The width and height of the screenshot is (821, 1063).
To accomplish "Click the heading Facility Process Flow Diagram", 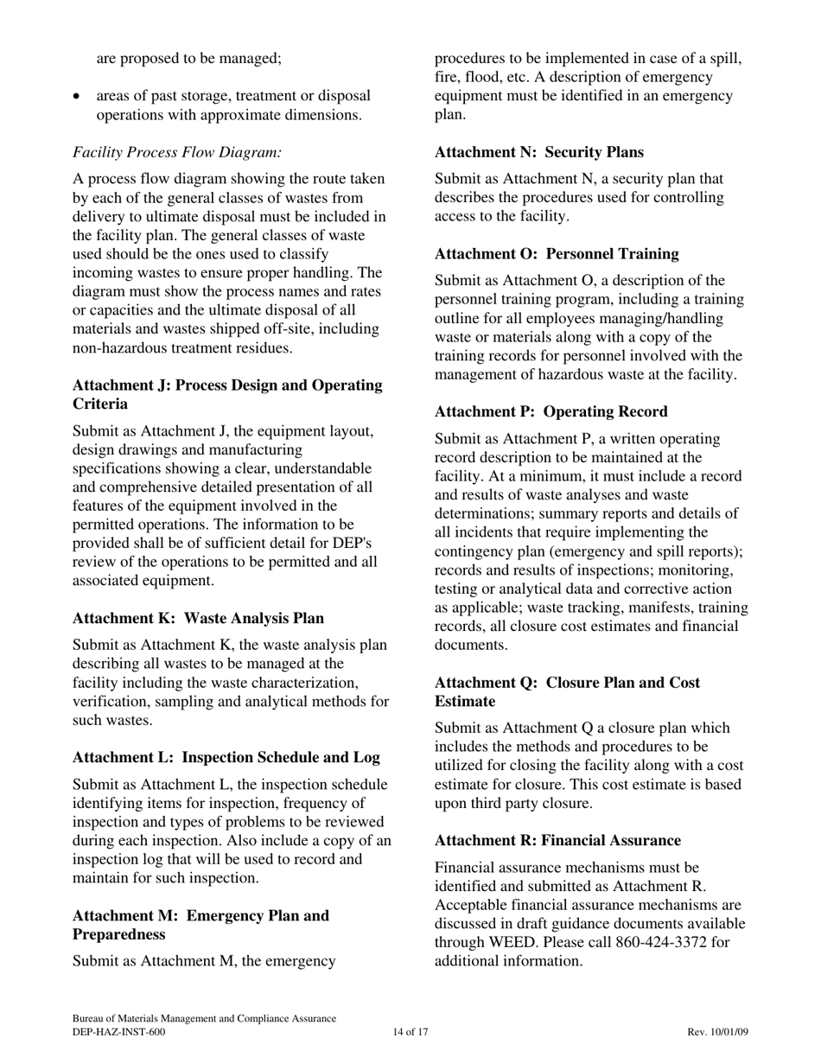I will click(x=177, y=152).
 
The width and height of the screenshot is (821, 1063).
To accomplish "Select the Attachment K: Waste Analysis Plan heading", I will click(x=198, y=618).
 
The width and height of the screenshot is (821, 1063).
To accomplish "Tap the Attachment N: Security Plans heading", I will click(x=538, y=152).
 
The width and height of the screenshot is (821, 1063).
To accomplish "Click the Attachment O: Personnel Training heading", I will click(x=557, y=253).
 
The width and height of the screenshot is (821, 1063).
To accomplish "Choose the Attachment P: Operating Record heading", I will click(x=551, y=411).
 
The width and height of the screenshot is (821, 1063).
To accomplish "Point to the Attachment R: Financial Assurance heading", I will click(x=557, y=840).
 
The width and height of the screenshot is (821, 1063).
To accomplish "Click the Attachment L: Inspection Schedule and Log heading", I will click(x=226, y=757).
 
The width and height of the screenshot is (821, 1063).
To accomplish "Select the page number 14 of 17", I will click(x=410, y=1032).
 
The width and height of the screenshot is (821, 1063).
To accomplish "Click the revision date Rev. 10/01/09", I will click(x=717, y=1032).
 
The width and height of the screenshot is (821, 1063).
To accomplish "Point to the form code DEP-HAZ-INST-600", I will click(x=118, y=1032).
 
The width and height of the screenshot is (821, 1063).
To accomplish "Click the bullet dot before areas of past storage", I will click(x=79, y=97).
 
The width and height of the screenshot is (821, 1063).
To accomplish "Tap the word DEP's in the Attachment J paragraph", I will click(x=351, y=543).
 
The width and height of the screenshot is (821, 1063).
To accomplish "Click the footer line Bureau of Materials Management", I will click(x=204, y=1019).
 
